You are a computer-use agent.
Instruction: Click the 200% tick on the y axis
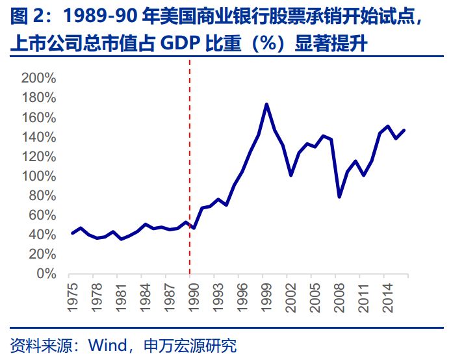point(39,79)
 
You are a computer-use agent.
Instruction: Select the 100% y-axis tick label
point(39,176)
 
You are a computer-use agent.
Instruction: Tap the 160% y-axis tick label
point(39,118)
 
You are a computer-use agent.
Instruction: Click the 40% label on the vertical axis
point(43,235)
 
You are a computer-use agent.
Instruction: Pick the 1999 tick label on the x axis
point(266,292)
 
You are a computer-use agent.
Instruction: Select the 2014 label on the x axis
point(387,292)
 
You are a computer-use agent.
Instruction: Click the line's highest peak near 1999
point(266,104)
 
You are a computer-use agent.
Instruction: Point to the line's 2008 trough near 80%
point(339,196)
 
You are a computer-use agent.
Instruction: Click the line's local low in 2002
point(290,175)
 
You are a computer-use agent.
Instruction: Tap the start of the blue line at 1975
point(72,233)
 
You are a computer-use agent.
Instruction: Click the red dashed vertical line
point(190,162)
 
